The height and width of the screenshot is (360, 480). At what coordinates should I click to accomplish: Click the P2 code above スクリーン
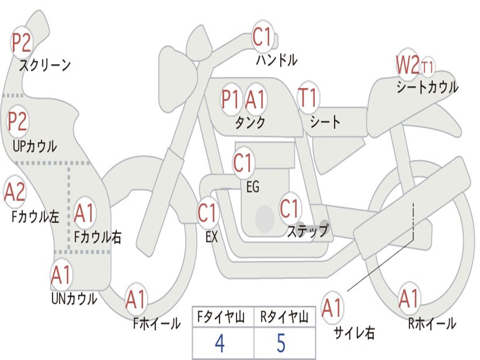pyautogui.click(x=21, y=43)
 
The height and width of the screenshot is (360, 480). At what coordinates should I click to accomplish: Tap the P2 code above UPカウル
pyautogui.click(x=17, y=122)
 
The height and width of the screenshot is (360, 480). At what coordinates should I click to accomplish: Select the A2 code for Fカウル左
pyautogui.click(x=15, y=192)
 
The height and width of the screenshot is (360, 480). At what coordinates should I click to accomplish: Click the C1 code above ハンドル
pyautogui.click(x=262, y=37)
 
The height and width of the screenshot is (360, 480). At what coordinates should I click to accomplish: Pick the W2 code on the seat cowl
pyautogui.click(x=407, y=65)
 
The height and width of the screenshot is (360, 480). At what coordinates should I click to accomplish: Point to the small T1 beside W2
pyautogui.click(x=427, y=67)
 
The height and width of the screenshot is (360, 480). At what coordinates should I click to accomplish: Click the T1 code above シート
pyautogui.click(x=308, y=98)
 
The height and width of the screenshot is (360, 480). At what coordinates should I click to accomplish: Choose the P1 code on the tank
pyautogui.click(x=231, y=99)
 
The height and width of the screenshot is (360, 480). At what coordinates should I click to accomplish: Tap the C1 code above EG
pyautogui.click(x=243, y=163)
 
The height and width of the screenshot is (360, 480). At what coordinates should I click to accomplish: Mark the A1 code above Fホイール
pyautogui.click(x=136, y=300)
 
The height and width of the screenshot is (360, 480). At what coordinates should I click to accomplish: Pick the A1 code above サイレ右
pyautogui.click(x=332, y=307)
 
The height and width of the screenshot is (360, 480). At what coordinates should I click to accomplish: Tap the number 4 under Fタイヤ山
pyautogui.click(x=219, y=344)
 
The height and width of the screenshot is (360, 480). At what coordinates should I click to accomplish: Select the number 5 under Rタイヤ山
pyautogui.click(x=281, y=344)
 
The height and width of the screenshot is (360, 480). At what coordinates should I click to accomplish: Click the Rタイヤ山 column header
pyautogui.click(x=284, y=318)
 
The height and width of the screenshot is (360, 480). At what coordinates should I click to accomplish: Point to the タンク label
pyautogui.click(x=250, y=123)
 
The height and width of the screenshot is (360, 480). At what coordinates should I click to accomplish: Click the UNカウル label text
pyautogui.click(x=74, y=298)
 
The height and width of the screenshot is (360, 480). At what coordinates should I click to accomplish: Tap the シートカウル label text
pyautogui.click(x=427, y=87)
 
